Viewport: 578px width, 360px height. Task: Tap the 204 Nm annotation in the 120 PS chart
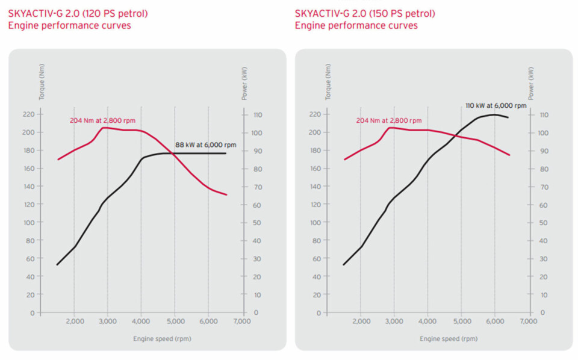coord(102,121)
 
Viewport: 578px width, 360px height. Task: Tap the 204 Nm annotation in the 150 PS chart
coord(388,121)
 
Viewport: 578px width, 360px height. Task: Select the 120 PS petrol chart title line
coord(78,13)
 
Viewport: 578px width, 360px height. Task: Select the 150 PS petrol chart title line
coord(365,13)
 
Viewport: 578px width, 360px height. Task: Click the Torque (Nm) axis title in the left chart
coord(42,82)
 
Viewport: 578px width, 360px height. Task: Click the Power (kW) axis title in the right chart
coord(530,83)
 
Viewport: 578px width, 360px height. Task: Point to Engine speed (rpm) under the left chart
coord(162,339)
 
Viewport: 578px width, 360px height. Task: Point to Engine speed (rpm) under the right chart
coord(449,339)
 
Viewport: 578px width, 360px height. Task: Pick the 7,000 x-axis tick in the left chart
coord(242,322)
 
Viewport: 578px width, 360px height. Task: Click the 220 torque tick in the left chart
coord(28,114)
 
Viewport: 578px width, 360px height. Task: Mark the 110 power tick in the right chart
coord(544,114)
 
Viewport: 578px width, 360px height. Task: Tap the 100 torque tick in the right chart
coord(315,223)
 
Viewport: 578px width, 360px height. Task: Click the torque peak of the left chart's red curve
coord(104,128)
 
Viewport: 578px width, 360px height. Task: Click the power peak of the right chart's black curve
coord(494,114)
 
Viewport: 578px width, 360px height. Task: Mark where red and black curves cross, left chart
coord(175,154)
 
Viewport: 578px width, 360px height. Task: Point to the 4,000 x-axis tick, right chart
coord(427,322)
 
